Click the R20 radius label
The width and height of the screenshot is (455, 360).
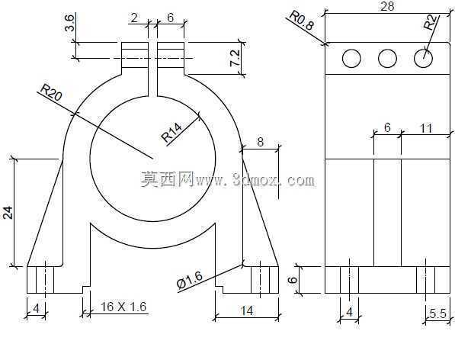pyautogui.click(x=51, y=92)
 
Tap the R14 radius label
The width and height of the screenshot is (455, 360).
pyautogui.click(x=172, y=133)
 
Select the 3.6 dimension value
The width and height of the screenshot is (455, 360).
pyautogui.click(x=70, y=24)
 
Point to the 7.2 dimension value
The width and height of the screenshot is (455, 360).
pyautogui.click(x=235, y=58)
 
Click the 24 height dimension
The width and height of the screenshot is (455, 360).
pyautogui.click(x=8, y=213)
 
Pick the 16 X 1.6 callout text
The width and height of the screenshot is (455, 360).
pyautogui.click(x=123, y=307)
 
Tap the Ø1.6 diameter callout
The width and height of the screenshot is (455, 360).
pyautogui.click(x=190, y=281)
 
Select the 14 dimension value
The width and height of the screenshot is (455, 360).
pyautogui.click(x=247, y=310)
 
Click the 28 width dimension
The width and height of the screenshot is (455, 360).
pyautogui.click(x=387, y=6)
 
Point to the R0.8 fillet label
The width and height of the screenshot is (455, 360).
pyautogui.click(x=302, y=20)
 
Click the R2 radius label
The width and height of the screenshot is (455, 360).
pyautogui.click(x=430, y=22)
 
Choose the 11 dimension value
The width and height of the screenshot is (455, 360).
pyautogui.click(x=426, y=128)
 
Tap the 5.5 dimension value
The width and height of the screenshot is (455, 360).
pyautogui.click(x=438, y=313)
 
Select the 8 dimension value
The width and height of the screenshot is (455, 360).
pyautogui.click(x=261, y=142)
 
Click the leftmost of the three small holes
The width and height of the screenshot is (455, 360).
pyautogui.click(x=351, y=58)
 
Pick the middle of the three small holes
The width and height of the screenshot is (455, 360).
pyautogui.click(x=387, y=58)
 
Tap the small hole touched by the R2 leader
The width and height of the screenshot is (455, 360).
pyautogui.click(x=423, y=58)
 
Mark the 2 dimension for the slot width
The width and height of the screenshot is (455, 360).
pyautogui.click(x=134, y=18)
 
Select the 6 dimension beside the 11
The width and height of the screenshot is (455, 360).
pyautogui.click(x=387, y=127)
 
